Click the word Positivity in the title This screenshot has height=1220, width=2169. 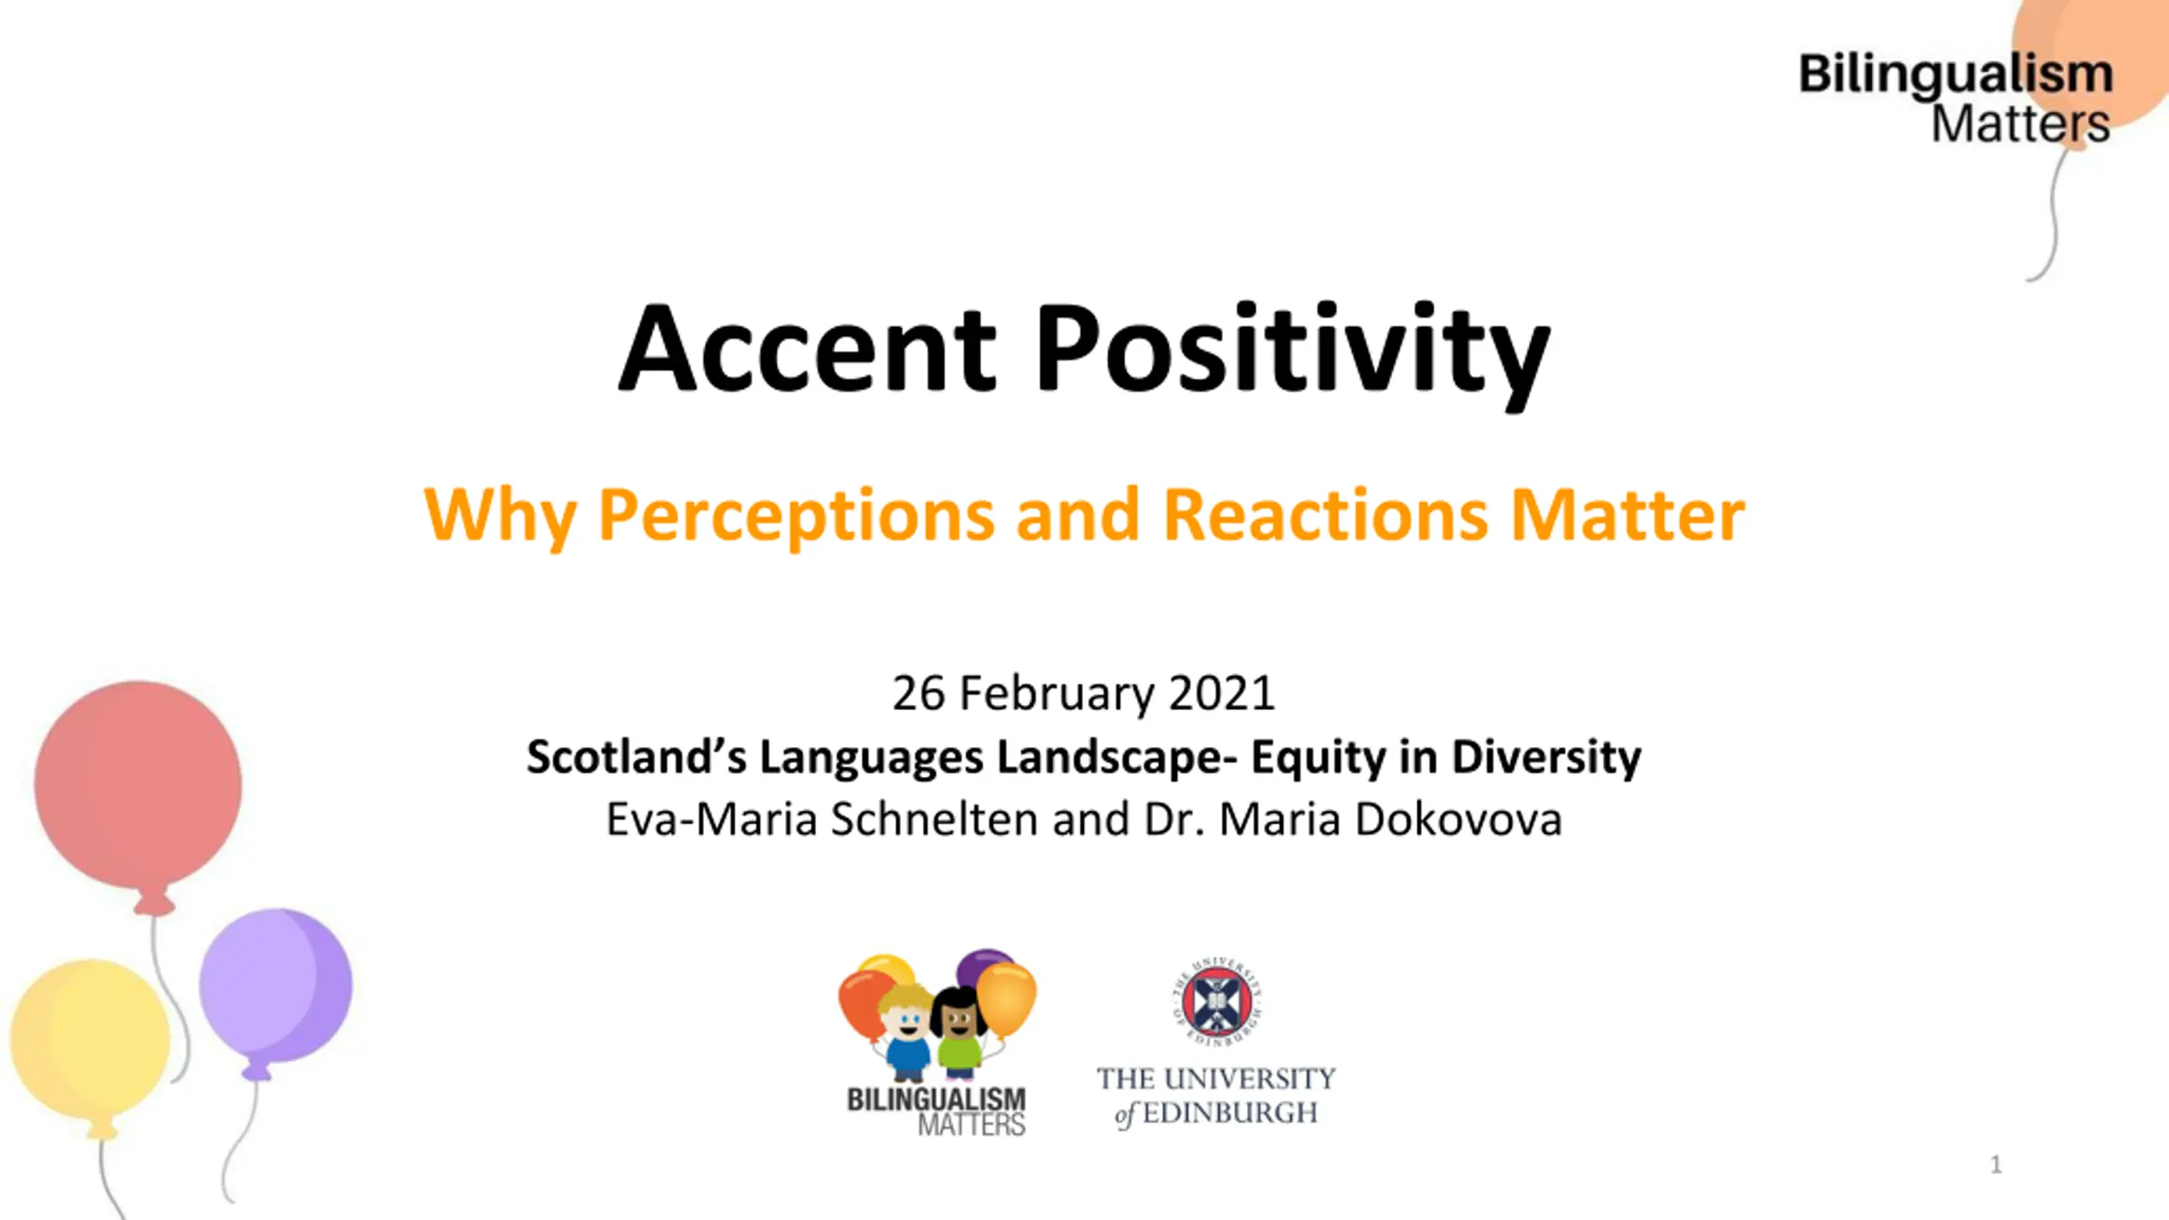1293,356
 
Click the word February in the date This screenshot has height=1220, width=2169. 1057,695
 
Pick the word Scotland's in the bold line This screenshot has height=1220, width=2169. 636,756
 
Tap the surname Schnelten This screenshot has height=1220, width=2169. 935,819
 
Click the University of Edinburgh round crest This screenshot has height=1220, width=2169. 1217,1001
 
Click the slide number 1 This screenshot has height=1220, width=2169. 1996,1165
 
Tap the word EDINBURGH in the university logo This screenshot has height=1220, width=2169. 1230,1112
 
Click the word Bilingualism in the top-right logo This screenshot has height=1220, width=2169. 1955,75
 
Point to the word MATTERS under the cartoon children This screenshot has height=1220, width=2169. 972,1125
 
